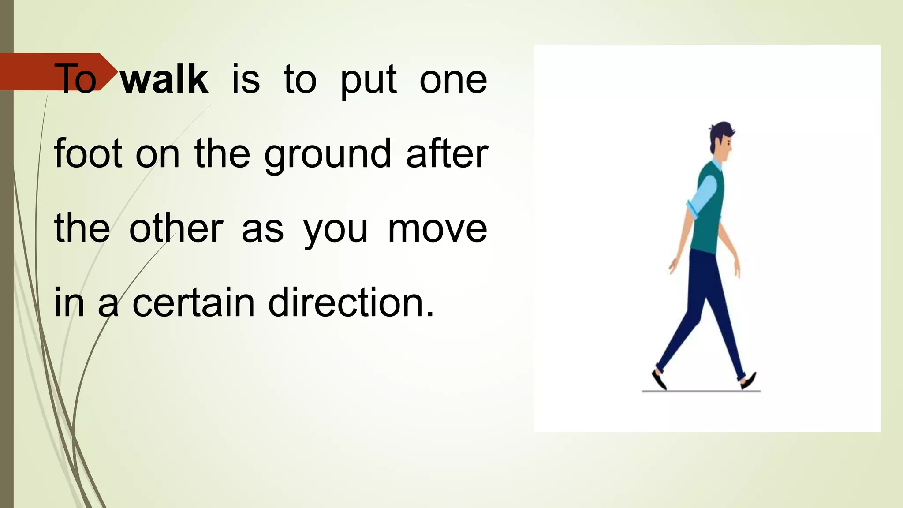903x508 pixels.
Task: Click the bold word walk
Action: coord(164,79)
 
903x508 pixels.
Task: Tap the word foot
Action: coord(88,154)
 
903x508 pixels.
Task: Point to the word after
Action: coord(447,154)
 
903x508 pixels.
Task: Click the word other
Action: coord(176,228)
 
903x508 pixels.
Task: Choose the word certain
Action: coord(194,303)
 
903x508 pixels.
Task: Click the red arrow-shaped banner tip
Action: coord(108,71)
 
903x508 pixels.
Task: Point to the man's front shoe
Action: coord(748,381)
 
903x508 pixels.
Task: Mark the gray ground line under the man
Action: coord(701,391)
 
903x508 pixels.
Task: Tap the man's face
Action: coord(726,146)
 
